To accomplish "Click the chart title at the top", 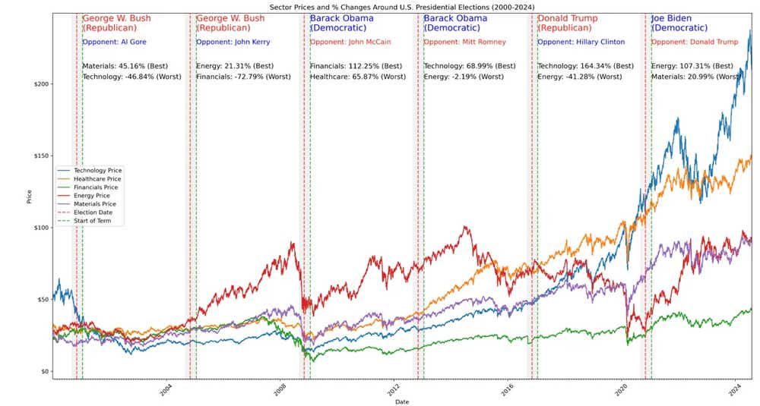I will point(402,6).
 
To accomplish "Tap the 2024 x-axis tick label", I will point(735,389).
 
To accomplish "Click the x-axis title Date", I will point(402,401).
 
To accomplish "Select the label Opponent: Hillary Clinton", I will point(581,42).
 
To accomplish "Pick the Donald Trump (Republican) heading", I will point(567,23).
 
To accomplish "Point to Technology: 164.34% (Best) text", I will point(585,66).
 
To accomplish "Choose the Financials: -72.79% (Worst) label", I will point(239,77).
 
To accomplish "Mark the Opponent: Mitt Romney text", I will point(464,42).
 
